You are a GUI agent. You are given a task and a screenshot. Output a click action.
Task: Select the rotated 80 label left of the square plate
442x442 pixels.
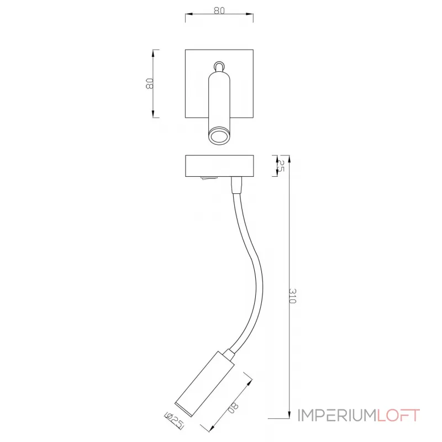pyautogui.click(x=149, y=83)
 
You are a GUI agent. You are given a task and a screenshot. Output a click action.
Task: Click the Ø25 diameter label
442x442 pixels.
pyautogui.click(x=175, y=421)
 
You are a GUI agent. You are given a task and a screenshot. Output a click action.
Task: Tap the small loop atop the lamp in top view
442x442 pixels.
pyautogui.click(x=220, y=66)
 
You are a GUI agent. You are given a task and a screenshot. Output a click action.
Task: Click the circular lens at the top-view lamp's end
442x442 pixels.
pyautogui.click(x=219, y=136)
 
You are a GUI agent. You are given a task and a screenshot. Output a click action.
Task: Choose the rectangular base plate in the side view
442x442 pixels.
pyautogui.click(x=219, y=166)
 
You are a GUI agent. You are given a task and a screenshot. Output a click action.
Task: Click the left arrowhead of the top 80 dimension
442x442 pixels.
pyautogui.click(x=187, y=15)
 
